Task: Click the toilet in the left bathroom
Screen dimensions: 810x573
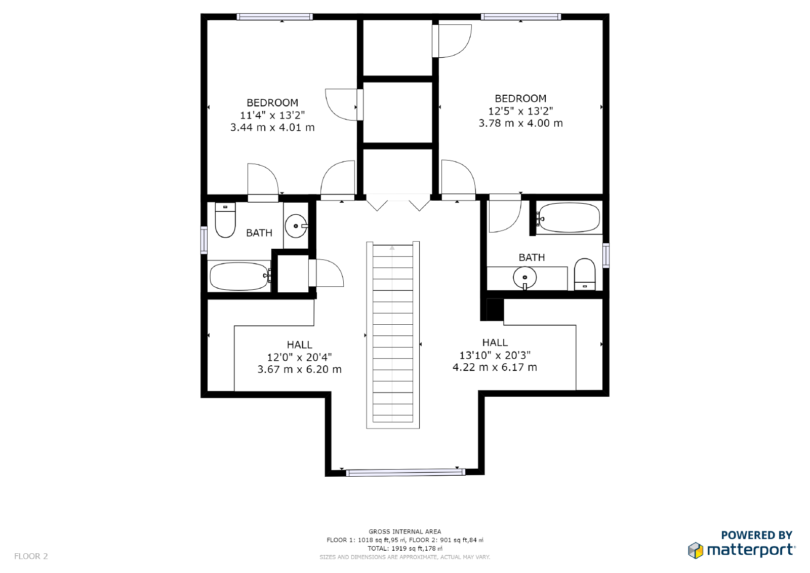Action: [225, 220]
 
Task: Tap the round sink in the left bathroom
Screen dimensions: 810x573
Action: [296, 226]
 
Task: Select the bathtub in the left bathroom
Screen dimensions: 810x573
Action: [240, 276]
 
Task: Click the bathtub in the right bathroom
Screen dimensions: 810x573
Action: [568, 217]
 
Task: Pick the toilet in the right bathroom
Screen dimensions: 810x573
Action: [585, 274]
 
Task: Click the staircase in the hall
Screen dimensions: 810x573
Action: [393, 335]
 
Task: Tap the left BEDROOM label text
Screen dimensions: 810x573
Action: [272, 103]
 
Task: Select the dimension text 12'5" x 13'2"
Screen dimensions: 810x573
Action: [521, 111]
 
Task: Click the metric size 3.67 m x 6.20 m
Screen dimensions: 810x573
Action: [299, 369]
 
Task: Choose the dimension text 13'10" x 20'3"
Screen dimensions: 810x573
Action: [495, 355]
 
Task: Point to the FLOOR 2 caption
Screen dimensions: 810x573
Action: [31, 556]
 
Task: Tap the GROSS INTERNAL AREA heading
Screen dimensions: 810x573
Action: [404, 531]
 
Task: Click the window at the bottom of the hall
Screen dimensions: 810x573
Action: [406, 472]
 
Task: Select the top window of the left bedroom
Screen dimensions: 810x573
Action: [275, 17]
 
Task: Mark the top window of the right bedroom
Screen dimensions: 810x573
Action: [521, 17]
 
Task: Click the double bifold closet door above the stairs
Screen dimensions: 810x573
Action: [398, 202]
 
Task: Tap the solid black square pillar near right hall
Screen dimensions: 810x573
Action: [495, 310]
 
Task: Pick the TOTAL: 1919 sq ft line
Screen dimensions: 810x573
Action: [404, 548]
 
